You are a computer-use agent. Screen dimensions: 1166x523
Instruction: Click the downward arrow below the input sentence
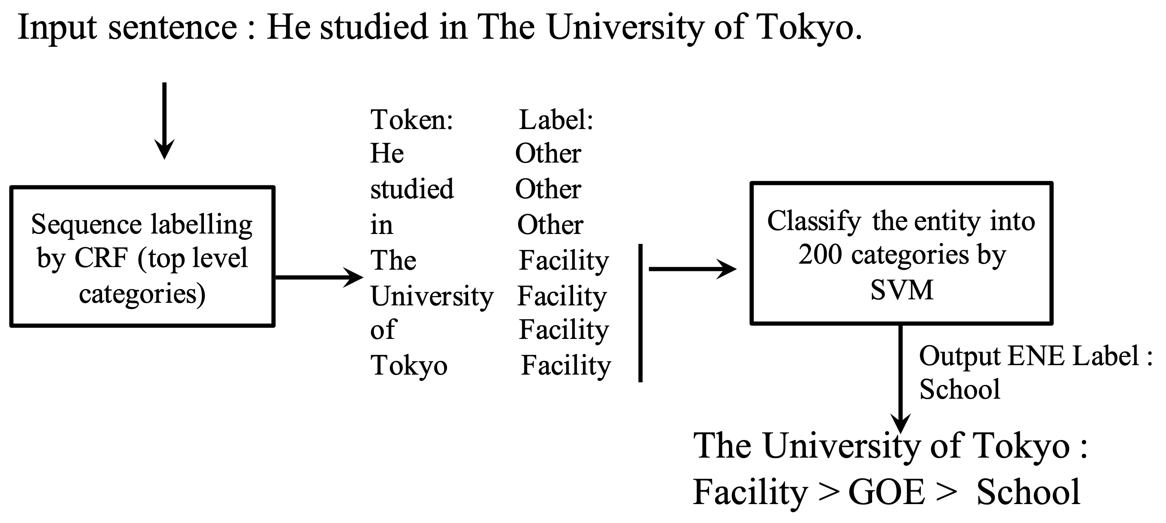point(164,121)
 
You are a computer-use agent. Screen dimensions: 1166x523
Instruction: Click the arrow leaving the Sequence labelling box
point(319,277)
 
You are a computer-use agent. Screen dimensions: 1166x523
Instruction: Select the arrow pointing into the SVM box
point(693,269)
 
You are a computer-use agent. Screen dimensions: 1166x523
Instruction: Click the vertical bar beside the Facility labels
point(641,313)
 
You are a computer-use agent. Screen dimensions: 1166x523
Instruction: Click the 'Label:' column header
point(556,120)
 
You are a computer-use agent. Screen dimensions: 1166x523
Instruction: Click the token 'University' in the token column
point(432,297)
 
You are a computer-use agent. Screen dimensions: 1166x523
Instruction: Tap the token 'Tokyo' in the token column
point(409,366)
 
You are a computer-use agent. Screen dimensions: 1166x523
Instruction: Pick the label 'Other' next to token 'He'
point(548,154)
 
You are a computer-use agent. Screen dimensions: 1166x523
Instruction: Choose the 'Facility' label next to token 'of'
point(564,330)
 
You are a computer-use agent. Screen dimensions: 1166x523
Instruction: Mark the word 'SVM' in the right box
point(902,290)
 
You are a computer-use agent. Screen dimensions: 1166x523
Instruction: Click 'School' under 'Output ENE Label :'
point(959,389)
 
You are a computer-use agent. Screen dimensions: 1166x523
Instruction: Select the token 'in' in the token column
point(382,225)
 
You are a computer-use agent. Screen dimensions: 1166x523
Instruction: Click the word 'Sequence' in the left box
point(86,225)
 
